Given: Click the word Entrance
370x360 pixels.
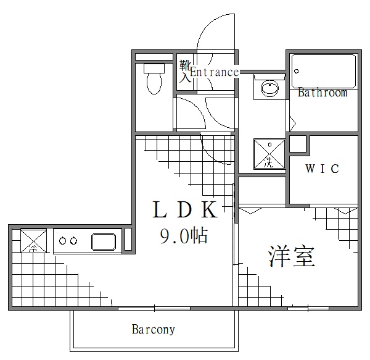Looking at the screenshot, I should [x=214, y=72].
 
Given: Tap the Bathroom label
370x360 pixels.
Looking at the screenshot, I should [x=322, y=93].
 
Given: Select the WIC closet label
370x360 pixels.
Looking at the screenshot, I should [x=322, y=169].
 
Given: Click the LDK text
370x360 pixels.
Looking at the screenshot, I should [x=184, y=211].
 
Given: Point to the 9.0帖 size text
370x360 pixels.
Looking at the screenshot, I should [x=183, y=235].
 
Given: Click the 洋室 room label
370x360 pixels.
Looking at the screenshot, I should [x=291, y=256].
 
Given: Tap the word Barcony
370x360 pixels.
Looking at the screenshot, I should [x=154, y=329].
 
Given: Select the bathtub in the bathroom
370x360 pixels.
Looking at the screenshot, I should [x=324, y=71].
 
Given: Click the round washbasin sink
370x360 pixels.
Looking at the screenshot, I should [x=269, y=89].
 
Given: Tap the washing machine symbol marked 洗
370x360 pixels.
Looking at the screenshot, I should [x=269, y=154].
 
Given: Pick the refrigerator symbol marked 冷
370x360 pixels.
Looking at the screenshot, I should [x=34, y=241].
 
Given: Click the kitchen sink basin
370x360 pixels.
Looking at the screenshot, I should [x=104, y=241].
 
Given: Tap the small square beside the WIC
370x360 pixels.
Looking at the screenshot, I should [x=298, y=144].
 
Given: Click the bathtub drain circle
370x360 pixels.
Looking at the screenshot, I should [x=296, y=71].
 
